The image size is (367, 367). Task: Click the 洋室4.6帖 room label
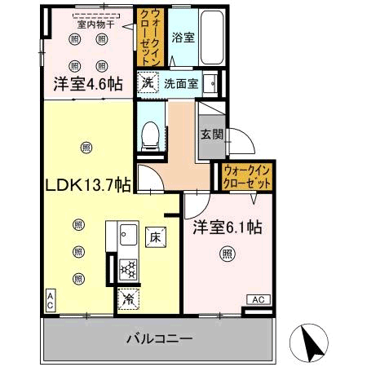pos(89,83)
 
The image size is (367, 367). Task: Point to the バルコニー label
pos(158,337)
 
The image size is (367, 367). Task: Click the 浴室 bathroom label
pos(183,37)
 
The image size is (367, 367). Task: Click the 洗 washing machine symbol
pos(147,82)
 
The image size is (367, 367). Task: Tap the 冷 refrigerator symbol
pos(128,299)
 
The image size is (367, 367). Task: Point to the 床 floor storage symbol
pos(155,237)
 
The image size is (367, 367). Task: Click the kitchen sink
pos(129,238)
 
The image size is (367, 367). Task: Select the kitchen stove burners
pos(128,268)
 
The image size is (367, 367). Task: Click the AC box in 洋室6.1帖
pos(256,300)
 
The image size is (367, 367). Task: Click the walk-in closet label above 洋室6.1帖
pos(246,176)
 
